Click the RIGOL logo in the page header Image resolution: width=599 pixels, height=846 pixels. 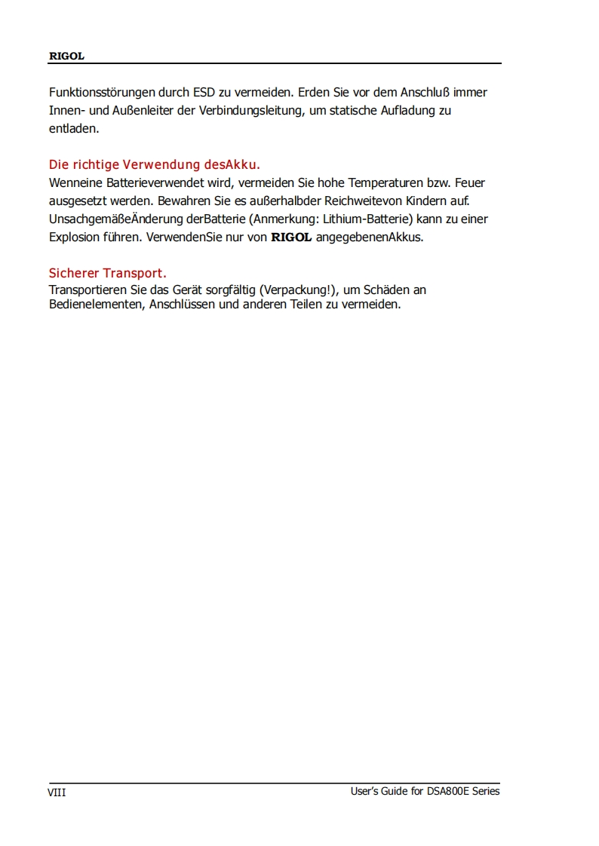coord(66,57)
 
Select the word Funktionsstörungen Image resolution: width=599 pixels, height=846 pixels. coord(102,93)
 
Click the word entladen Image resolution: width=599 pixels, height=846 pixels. coord(73,129)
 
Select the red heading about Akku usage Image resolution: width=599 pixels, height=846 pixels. coord(154,164)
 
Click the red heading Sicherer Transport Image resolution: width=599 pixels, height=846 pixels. coord(107,273)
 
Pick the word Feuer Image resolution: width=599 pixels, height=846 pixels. coord(470,183)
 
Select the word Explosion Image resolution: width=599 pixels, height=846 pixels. coord(74,238)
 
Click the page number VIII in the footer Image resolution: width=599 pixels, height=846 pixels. coord(57,792)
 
